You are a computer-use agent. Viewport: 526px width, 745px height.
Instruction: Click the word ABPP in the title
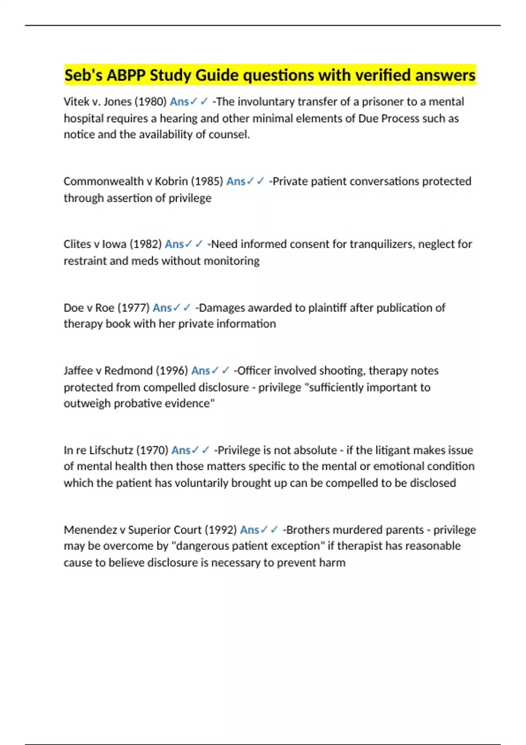127,75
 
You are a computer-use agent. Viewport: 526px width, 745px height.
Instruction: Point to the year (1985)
207,181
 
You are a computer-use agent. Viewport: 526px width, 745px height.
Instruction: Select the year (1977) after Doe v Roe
134,308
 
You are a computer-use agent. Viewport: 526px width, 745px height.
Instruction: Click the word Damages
222,308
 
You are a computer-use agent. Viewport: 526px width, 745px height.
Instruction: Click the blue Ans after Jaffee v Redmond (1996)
200,371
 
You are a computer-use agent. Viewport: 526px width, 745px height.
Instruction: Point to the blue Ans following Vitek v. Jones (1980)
179,102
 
